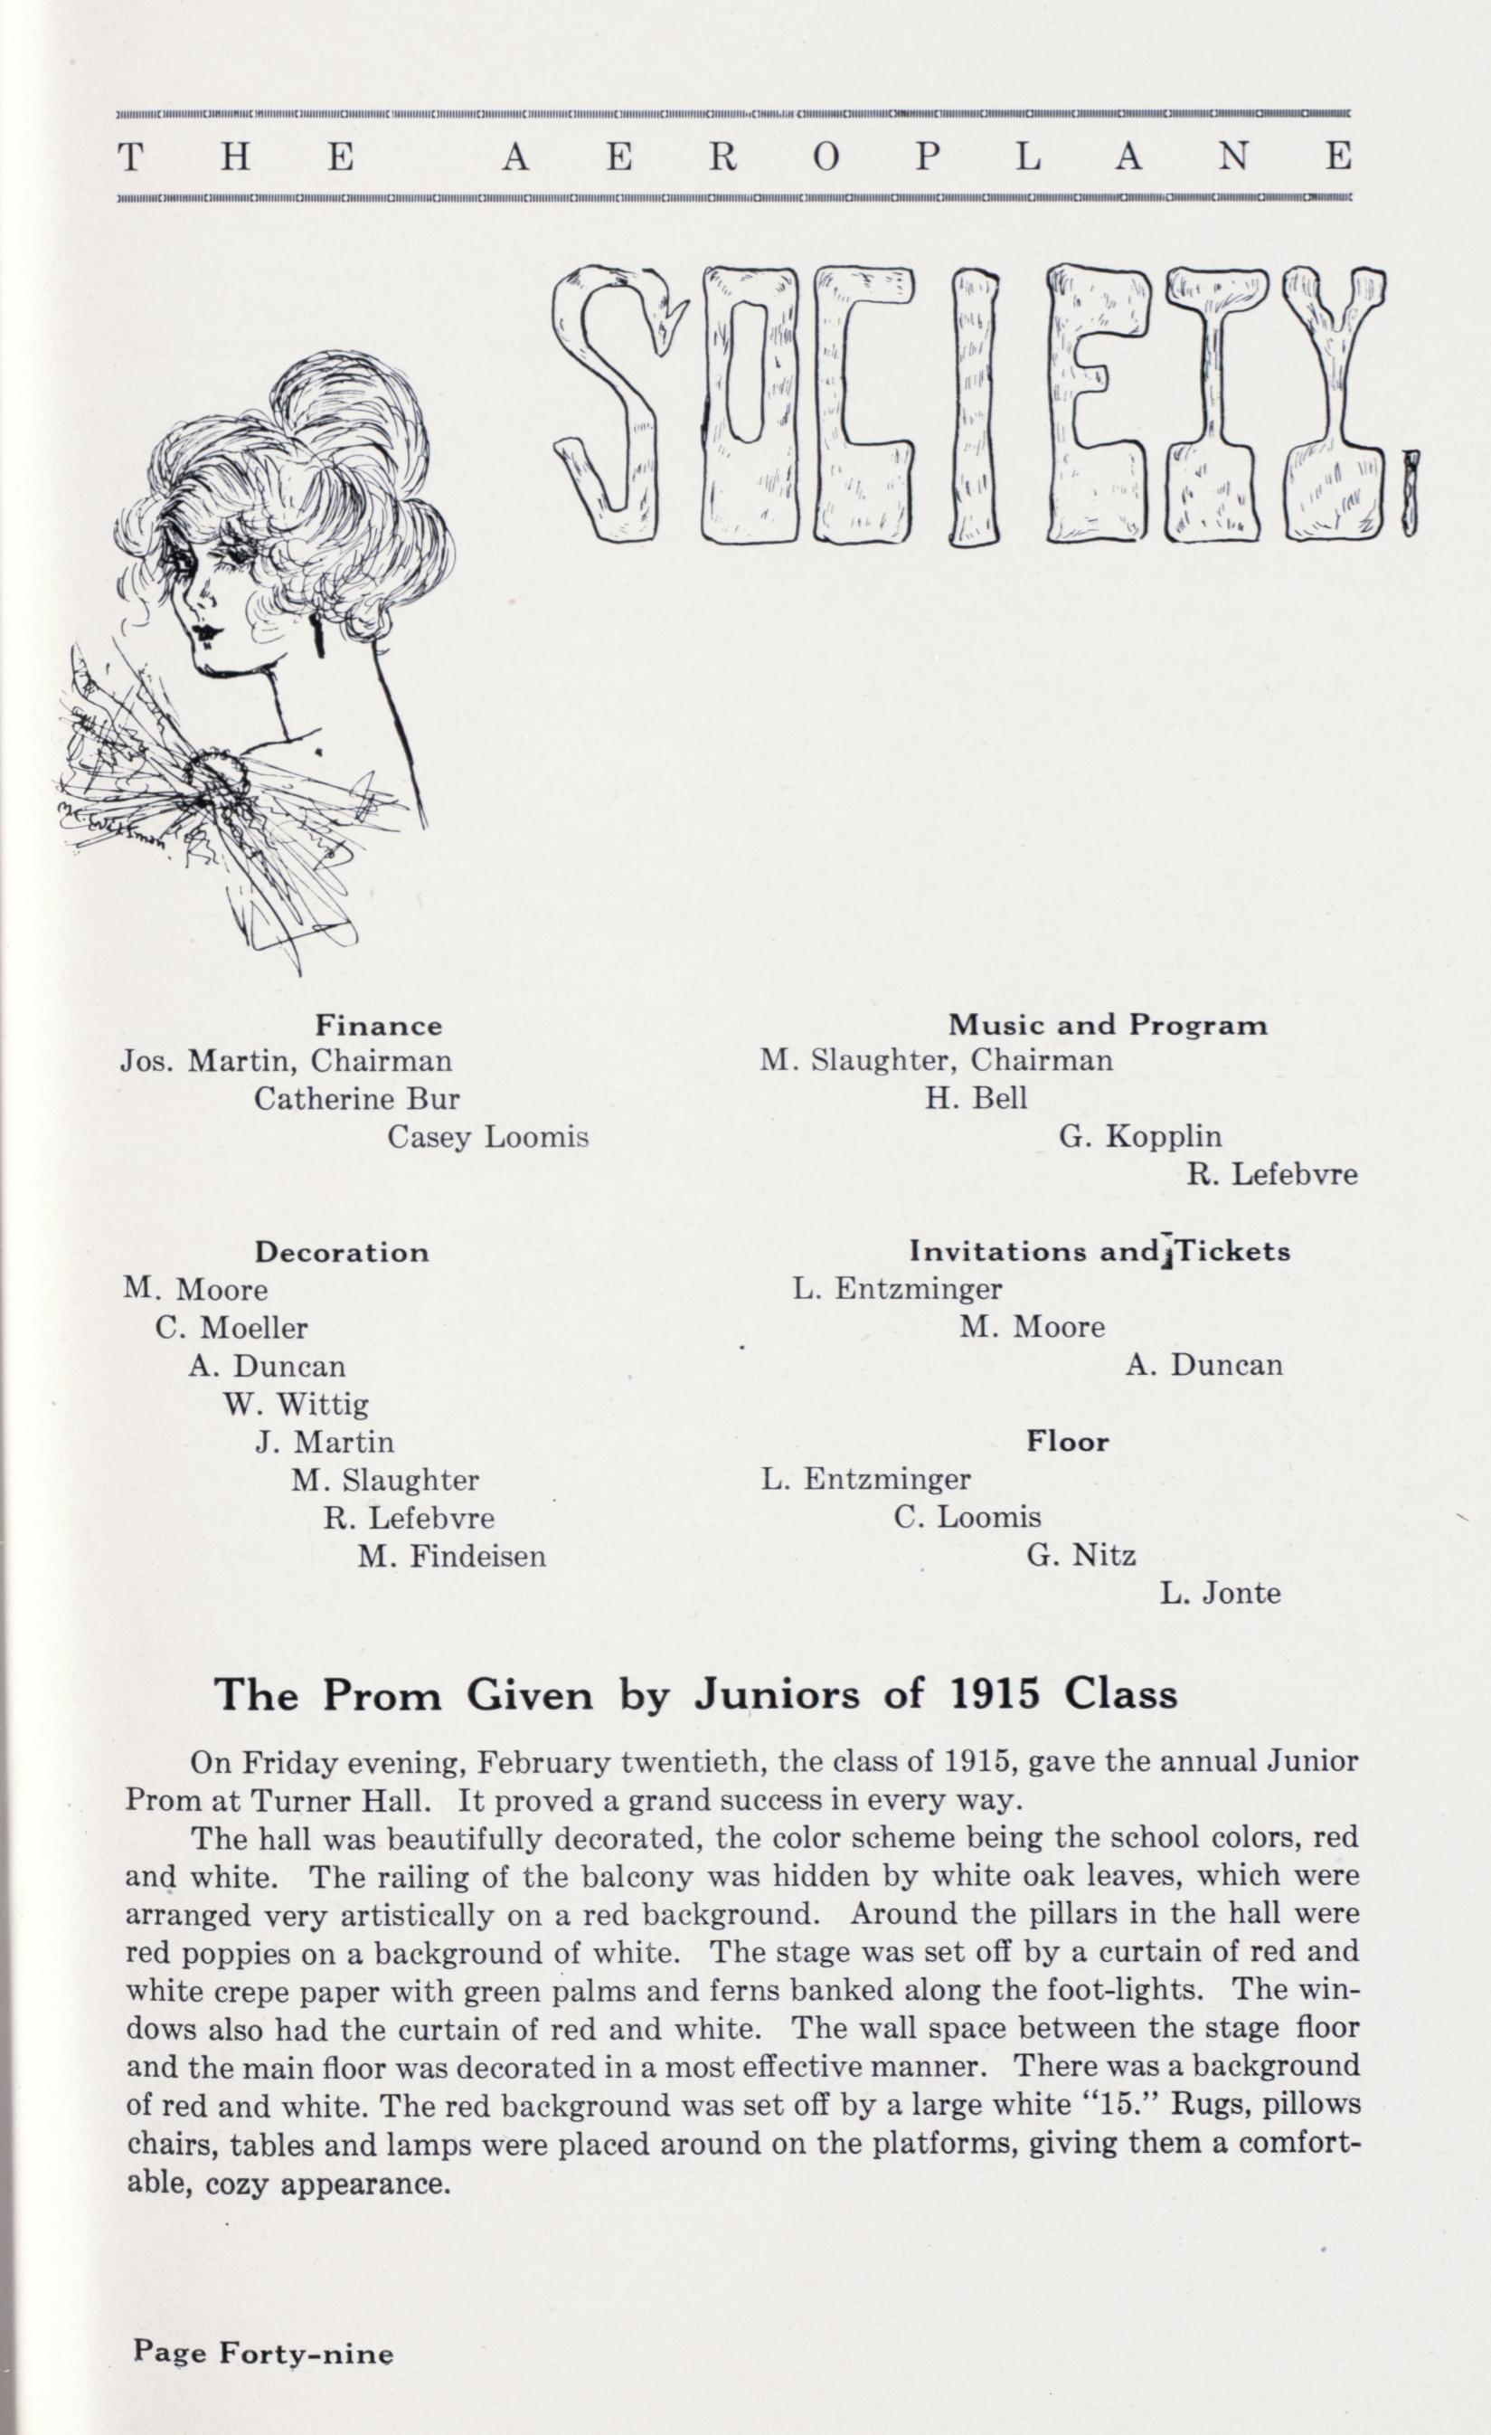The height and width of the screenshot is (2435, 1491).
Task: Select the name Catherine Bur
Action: coord(356,1099)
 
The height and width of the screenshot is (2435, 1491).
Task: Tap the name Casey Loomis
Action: coord(487,1138)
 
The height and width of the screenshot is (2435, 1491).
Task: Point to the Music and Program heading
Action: coord(1107,1025)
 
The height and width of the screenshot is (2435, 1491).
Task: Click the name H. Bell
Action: coord(977,1098)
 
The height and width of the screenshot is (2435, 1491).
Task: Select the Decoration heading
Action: coord(342,1252)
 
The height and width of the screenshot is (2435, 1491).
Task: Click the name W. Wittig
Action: coord(297,1403)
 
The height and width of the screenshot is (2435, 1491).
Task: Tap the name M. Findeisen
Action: coord(451,1558)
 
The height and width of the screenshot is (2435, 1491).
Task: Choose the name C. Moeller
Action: coord(231,1327)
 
